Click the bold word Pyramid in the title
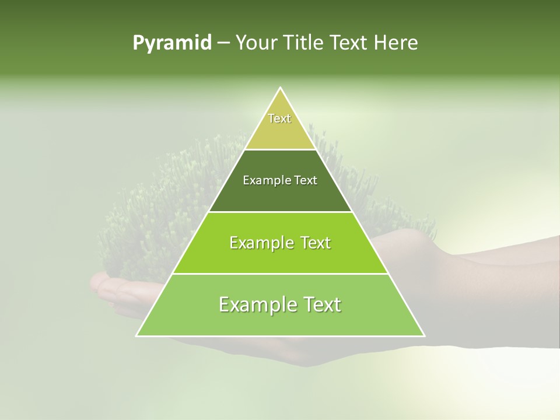pos(172,43)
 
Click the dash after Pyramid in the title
pos(223,43)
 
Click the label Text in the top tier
pos(279,118)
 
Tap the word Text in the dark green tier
pos(306,180)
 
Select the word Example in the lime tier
pos(261,243)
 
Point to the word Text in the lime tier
pos(316,243)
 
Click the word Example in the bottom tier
pos(254,304)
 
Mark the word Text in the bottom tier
pos(323,304)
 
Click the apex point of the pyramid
pos(281,88)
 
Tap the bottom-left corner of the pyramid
pos(137,335)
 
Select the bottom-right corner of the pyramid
pos(424,335)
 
